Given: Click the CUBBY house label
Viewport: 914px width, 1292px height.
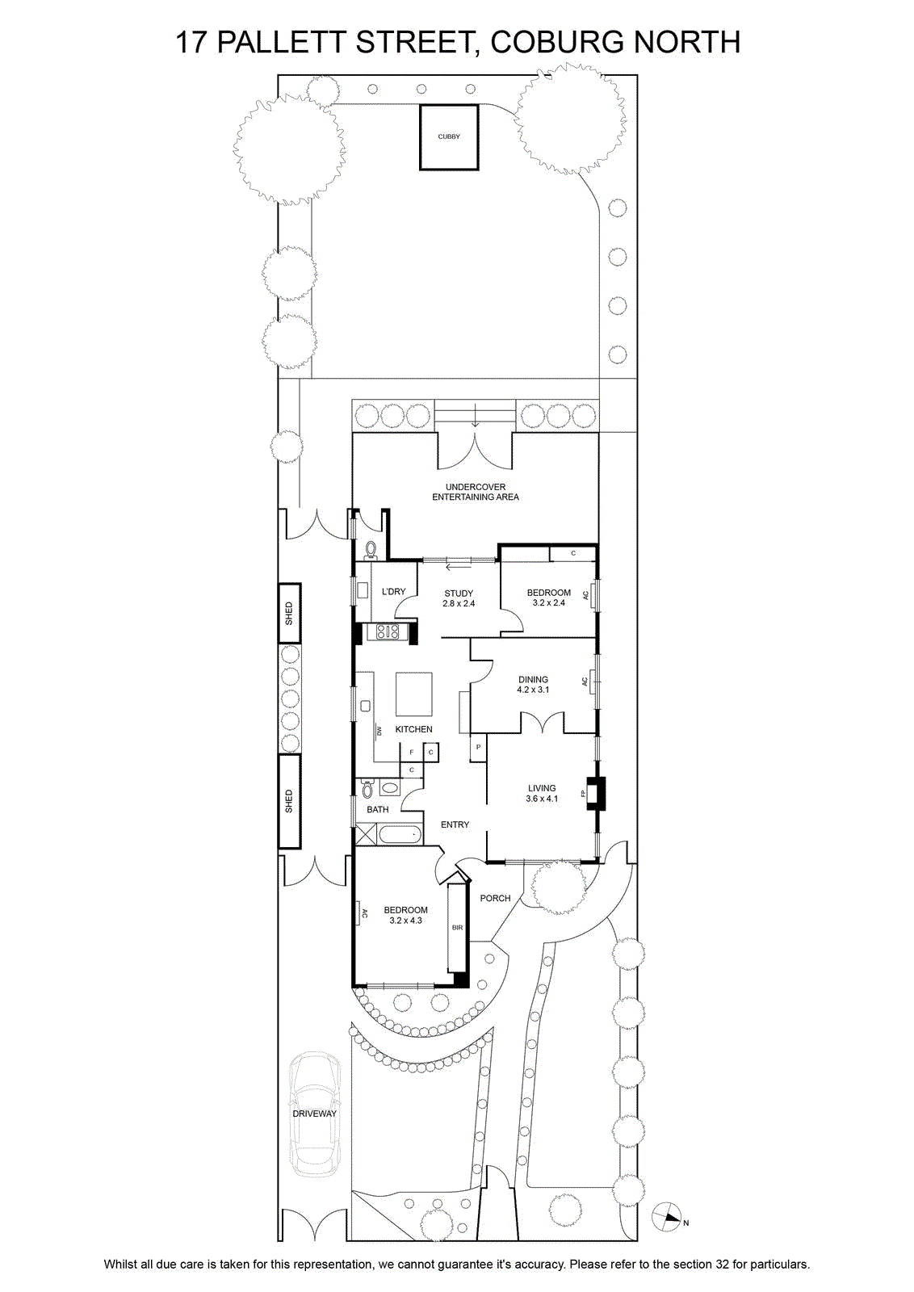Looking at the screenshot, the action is pyautogui.click(x=449, y=136).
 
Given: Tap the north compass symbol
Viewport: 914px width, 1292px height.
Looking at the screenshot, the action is pyautogui.click(x=666, y=1219).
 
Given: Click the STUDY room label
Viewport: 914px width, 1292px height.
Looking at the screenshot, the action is pyautogui.click(x=459, y=593).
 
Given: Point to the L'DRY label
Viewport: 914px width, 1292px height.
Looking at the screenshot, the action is pyautogui.click(x=394, y=591).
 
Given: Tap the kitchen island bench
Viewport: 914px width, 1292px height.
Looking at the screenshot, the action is pyautogui.click(x=413, y=694).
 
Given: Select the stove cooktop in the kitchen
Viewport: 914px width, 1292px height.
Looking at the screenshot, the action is pyautogui.click(x=388, y=631).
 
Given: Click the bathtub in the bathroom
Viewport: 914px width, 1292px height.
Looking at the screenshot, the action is pyautogui.click(x=399, y=834).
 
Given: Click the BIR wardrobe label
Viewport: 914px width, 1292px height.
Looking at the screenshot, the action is pyautogui.click(x=457, y=928).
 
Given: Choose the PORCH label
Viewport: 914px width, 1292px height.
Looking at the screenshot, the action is pyautogui.click(x=495, y=898).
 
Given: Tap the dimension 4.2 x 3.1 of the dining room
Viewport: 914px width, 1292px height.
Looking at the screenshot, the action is pyautogui.click(x=533, y=690).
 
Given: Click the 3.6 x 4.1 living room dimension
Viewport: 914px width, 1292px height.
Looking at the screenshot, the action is pyautogui.click(x=542, y=799).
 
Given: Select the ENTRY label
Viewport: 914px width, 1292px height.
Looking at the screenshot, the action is pyautogui.click(x=455, y=824).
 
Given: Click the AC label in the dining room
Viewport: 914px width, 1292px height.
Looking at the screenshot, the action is pyautogui.click(x=585, y=682).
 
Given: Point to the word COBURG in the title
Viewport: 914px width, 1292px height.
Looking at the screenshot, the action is pyautogui.click(x=555, y=42).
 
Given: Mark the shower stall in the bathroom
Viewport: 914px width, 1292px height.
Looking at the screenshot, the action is pyautogui.click(x=366, y=834).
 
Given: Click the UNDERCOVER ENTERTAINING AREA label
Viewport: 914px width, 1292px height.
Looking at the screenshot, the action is pyautogui.click(x=476, y=492).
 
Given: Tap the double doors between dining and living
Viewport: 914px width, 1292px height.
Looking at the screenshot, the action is pyautogui.click(x=543, y=722).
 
